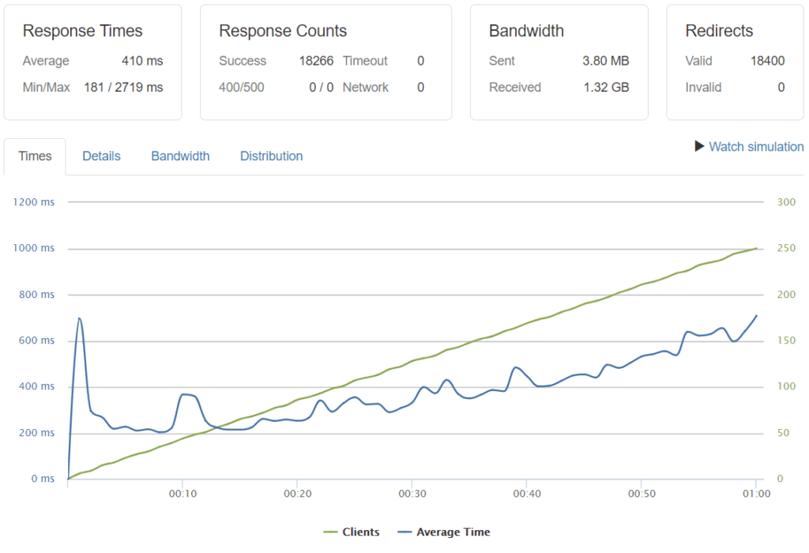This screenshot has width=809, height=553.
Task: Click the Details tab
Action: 101,156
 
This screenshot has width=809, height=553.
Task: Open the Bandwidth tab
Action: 180,156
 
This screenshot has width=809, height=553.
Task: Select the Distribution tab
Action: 271,156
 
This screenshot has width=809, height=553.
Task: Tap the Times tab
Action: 35,156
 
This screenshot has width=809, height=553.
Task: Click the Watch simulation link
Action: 756,146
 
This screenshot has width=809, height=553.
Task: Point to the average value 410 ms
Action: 142,61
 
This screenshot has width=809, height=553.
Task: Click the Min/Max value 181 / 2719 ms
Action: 123,87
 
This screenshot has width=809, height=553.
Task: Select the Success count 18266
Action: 316,61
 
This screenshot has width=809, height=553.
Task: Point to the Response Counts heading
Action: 283,32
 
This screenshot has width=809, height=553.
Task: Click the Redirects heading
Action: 719,32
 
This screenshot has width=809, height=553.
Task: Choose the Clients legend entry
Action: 352,532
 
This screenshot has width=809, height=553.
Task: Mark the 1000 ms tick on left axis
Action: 33,248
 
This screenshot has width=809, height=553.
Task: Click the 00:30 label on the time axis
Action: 411,494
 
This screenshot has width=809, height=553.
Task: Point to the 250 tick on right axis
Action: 785,248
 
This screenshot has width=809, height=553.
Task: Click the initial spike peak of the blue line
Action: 79,318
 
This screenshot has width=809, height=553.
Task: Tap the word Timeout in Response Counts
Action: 365,61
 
